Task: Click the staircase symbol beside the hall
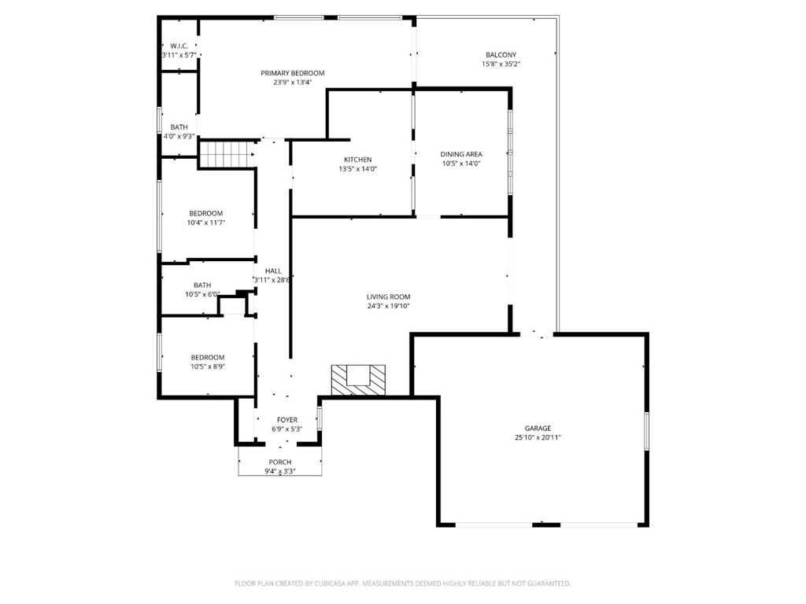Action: click(227, 154)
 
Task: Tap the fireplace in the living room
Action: click(358, 380)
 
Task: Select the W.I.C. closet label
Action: click(179, 46)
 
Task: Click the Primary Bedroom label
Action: click(293, 73)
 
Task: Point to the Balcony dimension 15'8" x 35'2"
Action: click(501, 64)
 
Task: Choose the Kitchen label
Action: click(358, 159)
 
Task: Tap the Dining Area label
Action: click(461, 154)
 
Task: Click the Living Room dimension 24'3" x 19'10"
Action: click(389, 306)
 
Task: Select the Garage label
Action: click(538, 428)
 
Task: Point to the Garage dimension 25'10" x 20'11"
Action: click(538, 437)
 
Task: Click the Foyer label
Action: click(287, 420)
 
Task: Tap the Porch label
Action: click(280, 462)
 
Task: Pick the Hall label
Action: click(273, 271)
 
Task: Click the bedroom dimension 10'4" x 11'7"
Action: click(206, 223)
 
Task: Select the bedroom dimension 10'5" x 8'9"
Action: click(208, 366)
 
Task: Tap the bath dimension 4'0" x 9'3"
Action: click(179, 136)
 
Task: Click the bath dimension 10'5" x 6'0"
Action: click(202, 294)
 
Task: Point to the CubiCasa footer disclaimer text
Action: click(402, 584)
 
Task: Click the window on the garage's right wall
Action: click(647, 432)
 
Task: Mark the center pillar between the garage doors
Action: click(546, 525)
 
